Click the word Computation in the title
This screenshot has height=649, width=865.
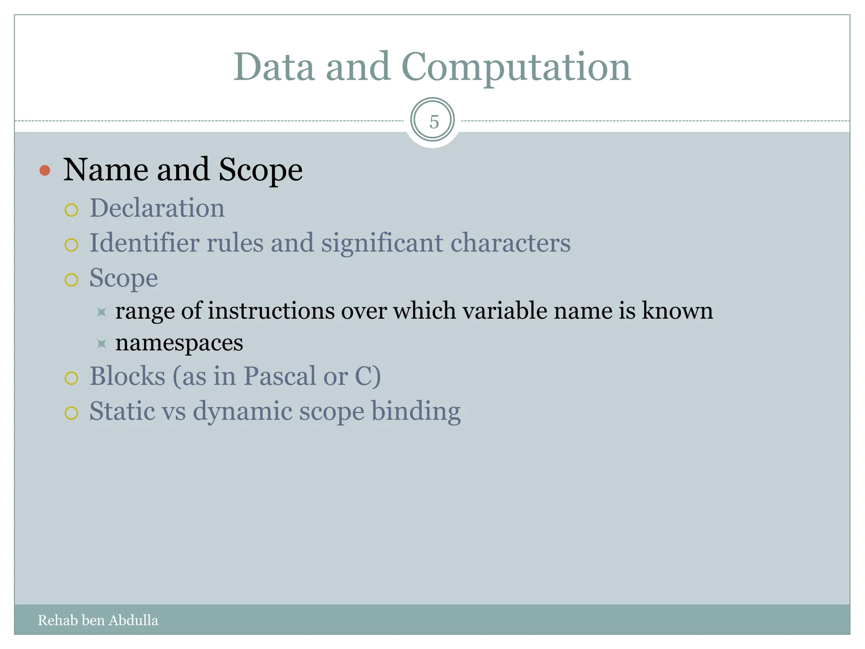pos(516,68)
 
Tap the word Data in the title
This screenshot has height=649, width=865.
pos(274,68)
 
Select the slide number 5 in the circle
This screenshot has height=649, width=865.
pos(434,122)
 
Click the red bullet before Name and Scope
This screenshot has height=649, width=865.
pos(45,171)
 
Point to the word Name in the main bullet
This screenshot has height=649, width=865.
pos(106,170)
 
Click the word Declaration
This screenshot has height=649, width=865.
pos(157,208)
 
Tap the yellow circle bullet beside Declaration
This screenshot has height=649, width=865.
pos(71,210)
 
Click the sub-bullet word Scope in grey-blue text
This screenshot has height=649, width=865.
pos(123,279)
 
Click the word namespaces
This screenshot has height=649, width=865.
pos(179,343)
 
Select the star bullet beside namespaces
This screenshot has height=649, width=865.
pos(101,344)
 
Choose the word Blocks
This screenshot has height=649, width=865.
pos(127,376)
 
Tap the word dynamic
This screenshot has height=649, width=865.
pos(242,412)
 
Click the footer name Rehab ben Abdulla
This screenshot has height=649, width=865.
pos(98,620)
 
